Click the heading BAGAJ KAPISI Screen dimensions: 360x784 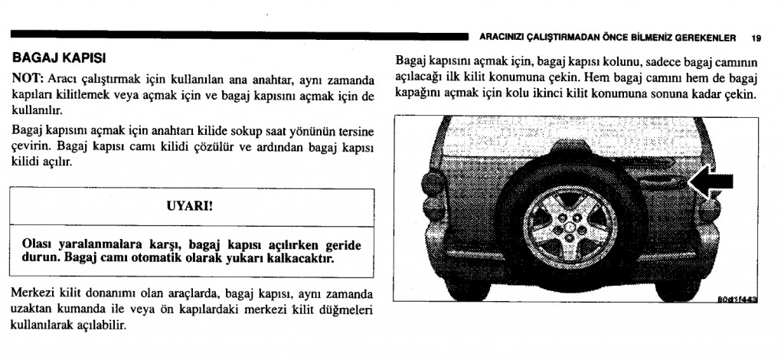pos(60,57)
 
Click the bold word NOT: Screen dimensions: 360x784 pos(28,80)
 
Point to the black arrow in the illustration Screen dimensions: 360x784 pos(712,182)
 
